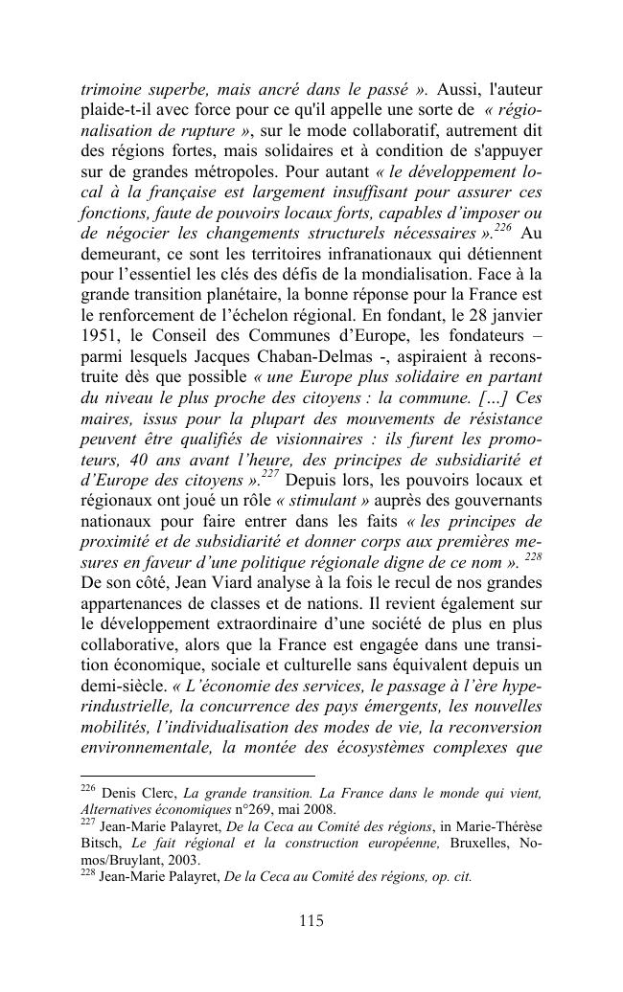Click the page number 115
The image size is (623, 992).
tap(311, 921)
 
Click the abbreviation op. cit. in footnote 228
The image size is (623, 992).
tap(444, 876)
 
